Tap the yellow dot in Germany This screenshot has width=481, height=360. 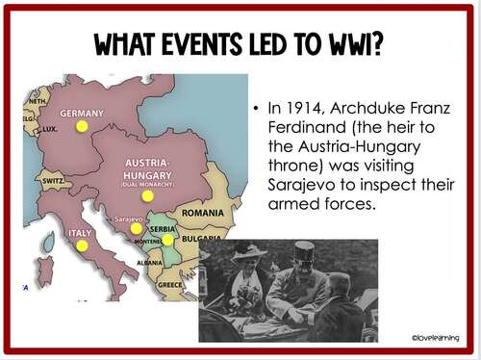82,126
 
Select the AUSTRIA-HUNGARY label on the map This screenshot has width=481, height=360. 147,168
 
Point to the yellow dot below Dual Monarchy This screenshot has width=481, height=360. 147,195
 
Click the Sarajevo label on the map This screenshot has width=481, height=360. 128,219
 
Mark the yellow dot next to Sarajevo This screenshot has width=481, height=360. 136,229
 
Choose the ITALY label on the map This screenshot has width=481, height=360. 80,233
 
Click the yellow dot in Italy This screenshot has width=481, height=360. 82,246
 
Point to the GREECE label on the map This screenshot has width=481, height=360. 169,284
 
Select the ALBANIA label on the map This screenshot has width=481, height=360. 149,262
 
